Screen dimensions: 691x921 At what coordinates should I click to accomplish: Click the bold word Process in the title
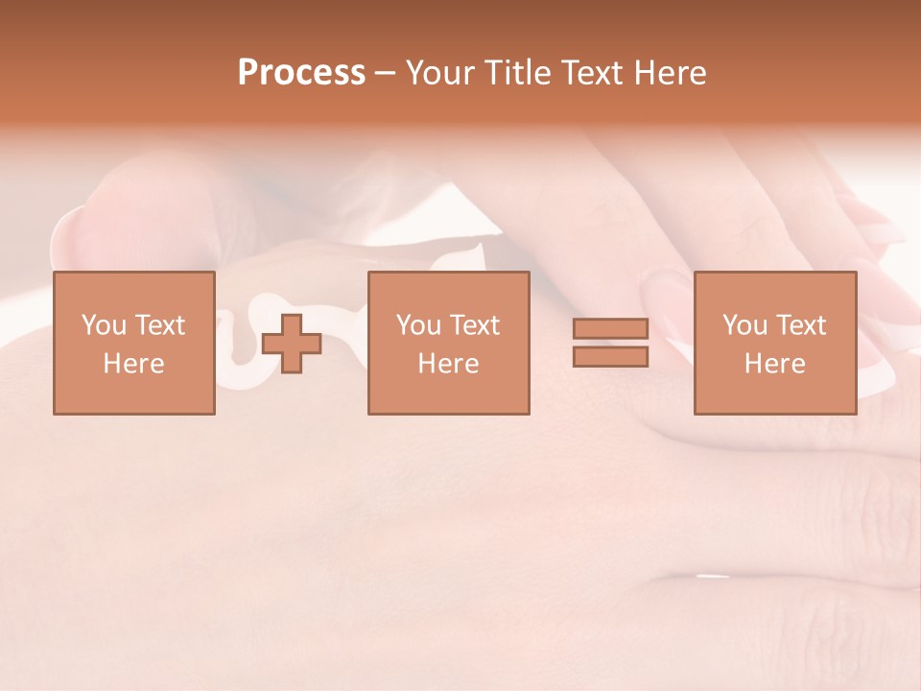301,73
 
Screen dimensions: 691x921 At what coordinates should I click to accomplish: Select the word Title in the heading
518,73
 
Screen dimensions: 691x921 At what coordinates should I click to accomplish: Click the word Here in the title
671,73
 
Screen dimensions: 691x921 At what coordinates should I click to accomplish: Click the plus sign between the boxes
292,344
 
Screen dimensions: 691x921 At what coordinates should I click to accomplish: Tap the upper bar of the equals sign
611,329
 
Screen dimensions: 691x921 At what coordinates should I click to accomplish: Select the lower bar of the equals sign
611,357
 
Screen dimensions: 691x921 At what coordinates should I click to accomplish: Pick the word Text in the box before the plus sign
159,325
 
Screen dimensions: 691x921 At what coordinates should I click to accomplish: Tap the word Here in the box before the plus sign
133,364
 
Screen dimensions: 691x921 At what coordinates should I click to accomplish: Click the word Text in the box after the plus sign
474,325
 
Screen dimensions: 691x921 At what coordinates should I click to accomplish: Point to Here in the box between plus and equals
448,364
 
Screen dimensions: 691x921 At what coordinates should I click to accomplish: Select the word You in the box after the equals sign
744,325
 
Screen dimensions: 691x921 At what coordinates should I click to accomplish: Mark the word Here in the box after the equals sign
774,364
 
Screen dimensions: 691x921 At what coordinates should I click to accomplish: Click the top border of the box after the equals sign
775,273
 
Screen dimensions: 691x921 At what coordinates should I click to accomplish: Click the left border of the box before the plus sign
54,344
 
